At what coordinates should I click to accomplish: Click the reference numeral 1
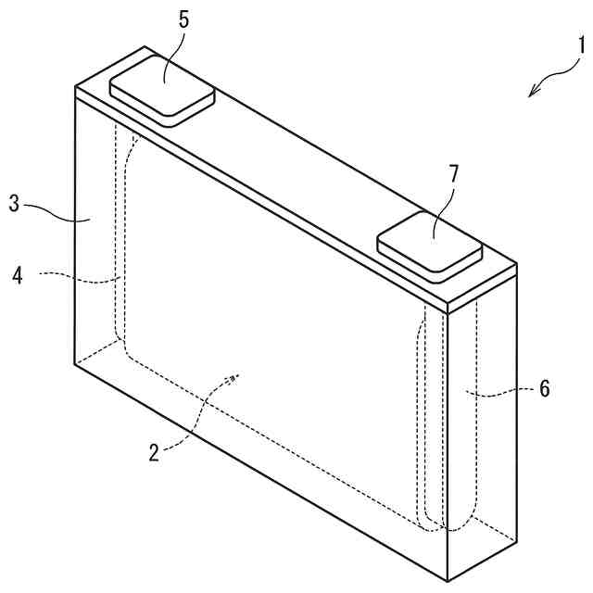[581, 44]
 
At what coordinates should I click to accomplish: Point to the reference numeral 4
[17, 275]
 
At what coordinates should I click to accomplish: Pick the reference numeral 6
[544, 389]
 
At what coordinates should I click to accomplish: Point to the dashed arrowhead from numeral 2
[235, 376]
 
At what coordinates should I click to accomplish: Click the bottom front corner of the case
[447, 581]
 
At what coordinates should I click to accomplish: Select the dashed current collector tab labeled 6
[461, 417]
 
